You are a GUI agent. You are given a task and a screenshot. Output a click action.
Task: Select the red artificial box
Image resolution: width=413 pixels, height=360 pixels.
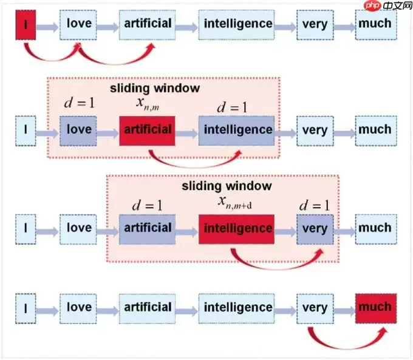[x=148, y=130]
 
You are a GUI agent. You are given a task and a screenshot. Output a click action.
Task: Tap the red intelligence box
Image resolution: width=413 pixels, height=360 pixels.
[x=236, y=228]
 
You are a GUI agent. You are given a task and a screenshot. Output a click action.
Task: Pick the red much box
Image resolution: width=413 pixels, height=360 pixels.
[x=375, y=307]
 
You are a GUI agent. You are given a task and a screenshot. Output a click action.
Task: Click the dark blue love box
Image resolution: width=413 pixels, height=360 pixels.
[x=78, y=130]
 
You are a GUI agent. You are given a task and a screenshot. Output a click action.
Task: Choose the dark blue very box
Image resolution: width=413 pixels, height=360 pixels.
[x=315, y=229]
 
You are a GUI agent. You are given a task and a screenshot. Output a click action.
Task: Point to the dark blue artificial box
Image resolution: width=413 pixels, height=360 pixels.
[x=148, y=228]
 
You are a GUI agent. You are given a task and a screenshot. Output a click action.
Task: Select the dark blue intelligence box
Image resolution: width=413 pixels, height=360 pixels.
[x=237, y=130]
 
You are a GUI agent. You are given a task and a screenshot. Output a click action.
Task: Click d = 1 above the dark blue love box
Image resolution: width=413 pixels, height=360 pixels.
[x=79, y=103]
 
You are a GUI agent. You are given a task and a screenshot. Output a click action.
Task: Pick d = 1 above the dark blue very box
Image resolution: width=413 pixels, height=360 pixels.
[x=315, y=204]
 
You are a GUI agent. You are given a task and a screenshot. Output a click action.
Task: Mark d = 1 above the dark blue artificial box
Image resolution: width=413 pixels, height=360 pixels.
[x=148, y=205]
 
